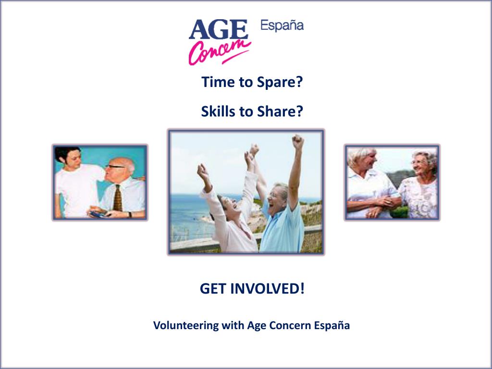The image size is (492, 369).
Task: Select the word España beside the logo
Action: pos(282,25)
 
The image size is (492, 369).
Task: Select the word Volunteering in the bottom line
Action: pos(185,325)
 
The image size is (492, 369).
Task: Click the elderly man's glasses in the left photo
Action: pos(114,167)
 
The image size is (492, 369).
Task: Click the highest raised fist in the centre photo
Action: pos(298,141)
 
